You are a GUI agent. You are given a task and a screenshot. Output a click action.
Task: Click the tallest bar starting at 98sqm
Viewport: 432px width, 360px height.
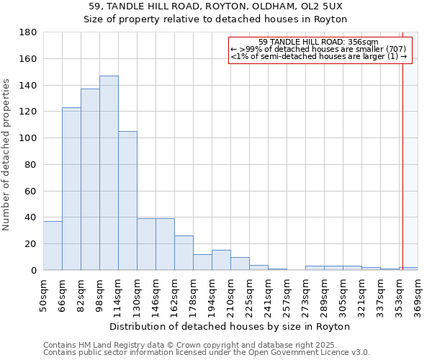coord(109,173)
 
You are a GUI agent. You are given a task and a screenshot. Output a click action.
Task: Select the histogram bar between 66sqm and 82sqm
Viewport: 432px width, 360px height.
coord(71,189)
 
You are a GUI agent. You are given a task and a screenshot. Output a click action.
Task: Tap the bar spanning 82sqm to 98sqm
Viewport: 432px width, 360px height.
coord(90,179)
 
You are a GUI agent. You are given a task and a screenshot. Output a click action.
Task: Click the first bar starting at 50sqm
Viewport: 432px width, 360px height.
coord(53,246)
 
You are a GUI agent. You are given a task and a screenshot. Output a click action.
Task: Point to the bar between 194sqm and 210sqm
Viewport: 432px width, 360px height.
coord(221,260)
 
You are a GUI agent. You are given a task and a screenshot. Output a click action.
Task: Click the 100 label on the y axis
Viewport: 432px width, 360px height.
coord(30,138)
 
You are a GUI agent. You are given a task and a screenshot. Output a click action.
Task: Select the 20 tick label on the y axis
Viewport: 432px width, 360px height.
coord(32,244)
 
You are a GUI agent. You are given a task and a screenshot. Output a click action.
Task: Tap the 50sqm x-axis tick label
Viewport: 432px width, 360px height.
coord(44,293)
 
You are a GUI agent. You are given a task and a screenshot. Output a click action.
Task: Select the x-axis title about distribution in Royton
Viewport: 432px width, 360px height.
coord(230,326)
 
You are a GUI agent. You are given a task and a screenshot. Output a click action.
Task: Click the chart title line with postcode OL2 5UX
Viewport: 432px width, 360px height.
coord(215,6)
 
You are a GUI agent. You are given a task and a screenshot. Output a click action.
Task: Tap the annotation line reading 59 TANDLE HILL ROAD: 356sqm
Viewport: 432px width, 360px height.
coord(318,42)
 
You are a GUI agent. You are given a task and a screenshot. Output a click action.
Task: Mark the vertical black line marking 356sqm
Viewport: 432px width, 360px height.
coord(402,158)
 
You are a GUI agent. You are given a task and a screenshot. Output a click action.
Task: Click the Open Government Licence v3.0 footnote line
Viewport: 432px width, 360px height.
coord(207,352)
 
